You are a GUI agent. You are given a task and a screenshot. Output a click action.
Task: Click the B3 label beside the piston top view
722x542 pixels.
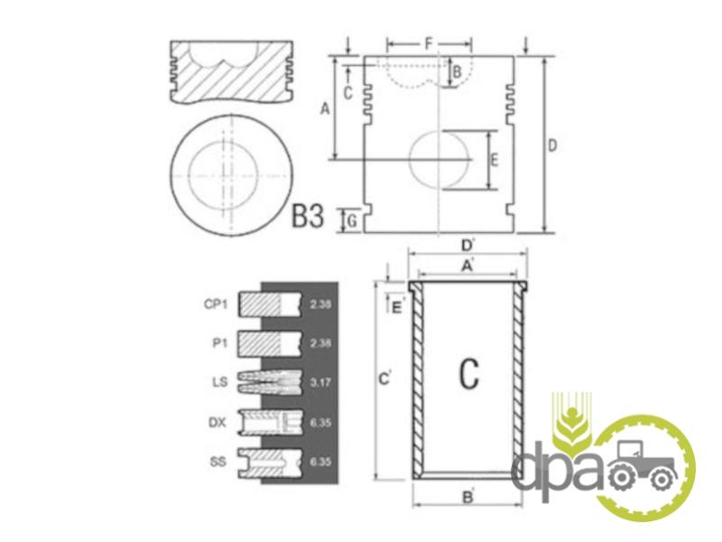point(308,216)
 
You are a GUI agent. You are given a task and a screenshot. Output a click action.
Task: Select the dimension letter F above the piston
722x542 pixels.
point(428,44)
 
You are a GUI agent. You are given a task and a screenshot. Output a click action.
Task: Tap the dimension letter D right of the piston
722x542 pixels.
point(552,145)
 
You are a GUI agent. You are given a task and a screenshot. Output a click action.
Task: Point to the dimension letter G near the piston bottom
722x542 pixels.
point(351,221)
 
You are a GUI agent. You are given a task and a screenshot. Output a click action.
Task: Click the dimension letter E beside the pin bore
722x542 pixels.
point(493,160)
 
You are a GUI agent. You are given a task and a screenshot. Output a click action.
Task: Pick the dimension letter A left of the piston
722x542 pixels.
point(325,109)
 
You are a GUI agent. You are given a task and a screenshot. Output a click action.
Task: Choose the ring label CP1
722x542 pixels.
point(216,304)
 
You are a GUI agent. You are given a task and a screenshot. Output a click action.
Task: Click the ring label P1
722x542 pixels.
point(219,343)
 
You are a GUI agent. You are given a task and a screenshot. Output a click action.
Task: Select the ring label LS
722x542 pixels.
point(219,382)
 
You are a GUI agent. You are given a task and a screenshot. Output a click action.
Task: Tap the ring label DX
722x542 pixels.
point(218,422)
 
